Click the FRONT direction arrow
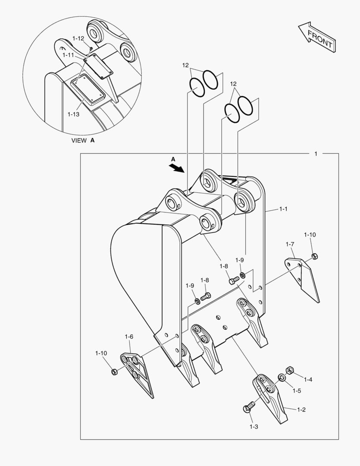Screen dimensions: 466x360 (x=317, y=38)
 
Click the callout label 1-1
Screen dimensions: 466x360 (x=283, y=209)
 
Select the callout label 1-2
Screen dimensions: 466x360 (x=301, y=409)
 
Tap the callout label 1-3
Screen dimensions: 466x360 (x=254, y=427)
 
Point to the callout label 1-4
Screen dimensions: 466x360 (x=308, y=380)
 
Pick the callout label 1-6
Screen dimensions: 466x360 (x=129, y=337)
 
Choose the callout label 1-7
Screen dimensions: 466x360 (x=290, y=244)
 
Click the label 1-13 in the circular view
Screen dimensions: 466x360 (x=73, y=114)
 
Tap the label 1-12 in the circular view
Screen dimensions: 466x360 (x=78, y=38)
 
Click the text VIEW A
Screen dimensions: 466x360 (x=83, y=140)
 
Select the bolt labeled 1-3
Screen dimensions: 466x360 (x=248, y=407)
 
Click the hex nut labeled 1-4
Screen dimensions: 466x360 (x=290, y=370)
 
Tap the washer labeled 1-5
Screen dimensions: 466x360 (x=282, y=378)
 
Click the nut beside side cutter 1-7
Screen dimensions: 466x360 (x=314, y=256)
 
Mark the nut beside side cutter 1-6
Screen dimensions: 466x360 (x=114, y=372)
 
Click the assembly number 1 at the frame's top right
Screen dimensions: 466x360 (x=316, y=154)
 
